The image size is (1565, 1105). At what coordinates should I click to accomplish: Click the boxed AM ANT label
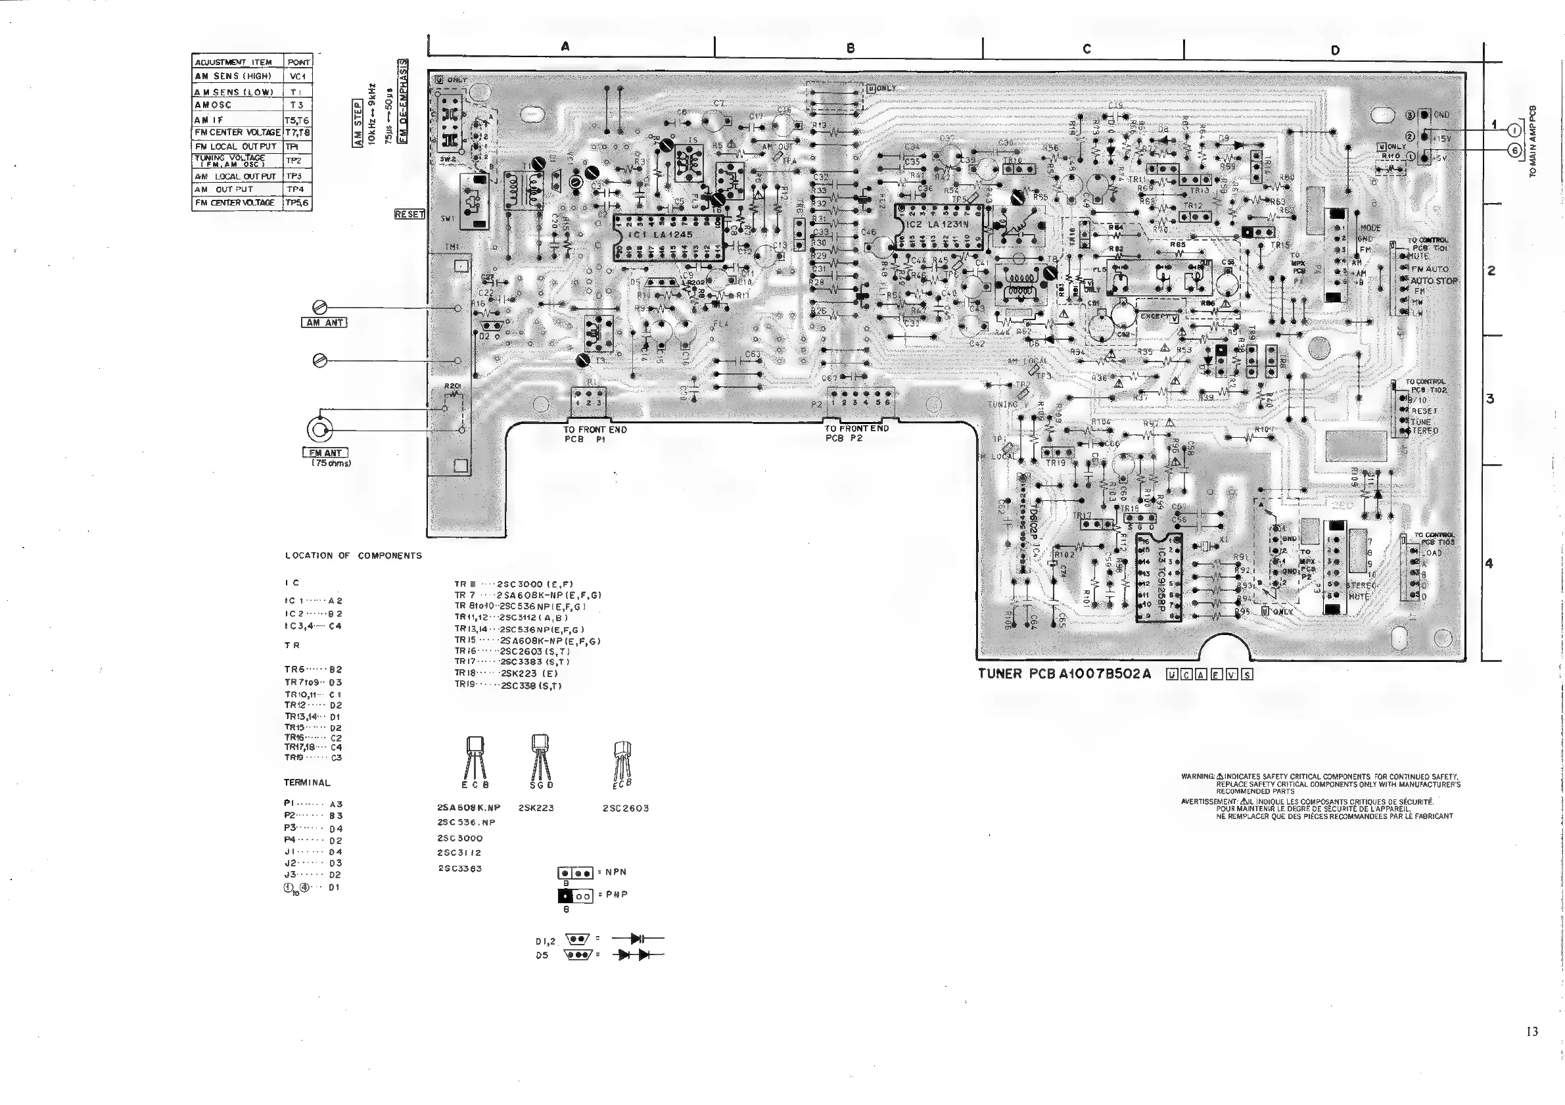click(324, 323)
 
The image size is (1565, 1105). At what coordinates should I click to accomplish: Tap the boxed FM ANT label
click(325, 453)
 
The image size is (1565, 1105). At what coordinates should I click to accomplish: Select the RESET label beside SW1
click(409, 214)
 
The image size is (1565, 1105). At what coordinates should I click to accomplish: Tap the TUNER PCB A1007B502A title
click(1064, 674)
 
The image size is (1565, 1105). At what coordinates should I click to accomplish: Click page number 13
click(1531, 1031)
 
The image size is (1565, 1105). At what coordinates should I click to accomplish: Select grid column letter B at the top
click(850, 48)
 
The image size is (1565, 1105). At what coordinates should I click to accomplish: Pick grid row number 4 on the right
click(1489, 564)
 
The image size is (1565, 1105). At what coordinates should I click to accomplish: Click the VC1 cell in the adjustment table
click(298, 76)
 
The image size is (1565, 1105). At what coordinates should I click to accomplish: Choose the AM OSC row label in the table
click(214, 105)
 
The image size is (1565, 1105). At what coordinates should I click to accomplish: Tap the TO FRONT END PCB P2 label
click(856, 433)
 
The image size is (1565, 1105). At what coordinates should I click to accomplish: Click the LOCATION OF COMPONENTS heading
click(353, 555)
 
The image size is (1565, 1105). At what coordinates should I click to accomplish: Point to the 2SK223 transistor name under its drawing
click(536, 808)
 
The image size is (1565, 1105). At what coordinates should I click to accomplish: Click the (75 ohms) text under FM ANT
click(331, 463)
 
